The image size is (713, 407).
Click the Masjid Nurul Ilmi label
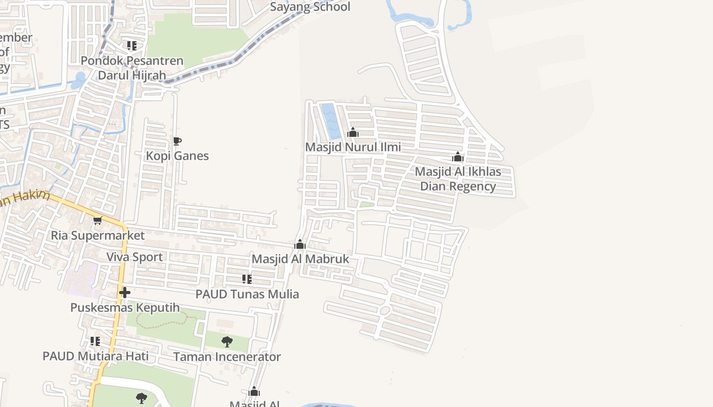click(x=353, y=147)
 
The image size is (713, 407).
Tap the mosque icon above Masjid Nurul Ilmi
click(x=353, y=133)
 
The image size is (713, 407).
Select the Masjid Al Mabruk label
click(x=300, y=259)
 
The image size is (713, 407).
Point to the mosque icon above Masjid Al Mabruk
click(x=300, y=245)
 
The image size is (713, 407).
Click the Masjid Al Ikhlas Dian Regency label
click(x=458, y=179)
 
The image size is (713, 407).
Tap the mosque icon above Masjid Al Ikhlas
click(x=458, y=157)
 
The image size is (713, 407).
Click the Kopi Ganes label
click(x=177, y=156)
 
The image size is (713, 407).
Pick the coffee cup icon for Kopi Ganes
click(x=177, y=141)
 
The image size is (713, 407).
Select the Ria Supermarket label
click(x=98, y=236)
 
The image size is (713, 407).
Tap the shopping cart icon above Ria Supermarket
click(x=97, y=220)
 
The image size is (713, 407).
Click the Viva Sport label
click(x=134, y=257)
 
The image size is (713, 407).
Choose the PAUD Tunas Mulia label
click(x=247, y=294)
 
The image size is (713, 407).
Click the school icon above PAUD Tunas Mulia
click(x=247, y=279)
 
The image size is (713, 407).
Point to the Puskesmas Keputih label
click(x=125, y=308)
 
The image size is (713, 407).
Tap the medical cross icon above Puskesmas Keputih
click(x=125, y=293)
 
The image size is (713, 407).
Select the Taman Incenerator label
click(x=227, y=357)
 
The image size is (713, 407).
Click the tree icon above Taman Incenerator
click(x=227, y=342)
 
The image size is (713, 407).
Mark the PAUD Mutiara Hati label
click(x=96, y=356)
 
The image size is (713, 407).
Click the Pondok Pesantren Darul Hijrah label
click(x=132, y=68)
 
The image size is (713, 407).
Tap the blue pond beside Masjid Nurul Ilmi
click(x=331, y=121)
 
